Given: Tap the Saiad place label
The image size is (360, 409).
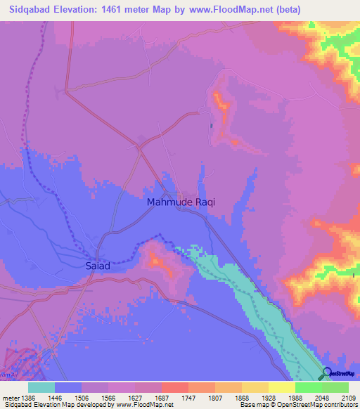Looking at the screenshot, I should [x=97, y=267].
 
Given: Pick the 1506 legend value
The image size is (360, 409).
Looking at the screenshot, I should [x=95, y=396].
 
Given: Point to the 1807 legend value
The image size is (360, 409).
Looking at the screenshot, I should [x=228, y=396].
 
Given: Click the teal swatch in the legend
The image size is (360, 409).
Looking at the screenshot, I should [x=41, y=387].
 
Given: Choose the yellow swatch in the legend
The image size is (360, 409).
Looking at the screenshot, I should [x=281, y=387].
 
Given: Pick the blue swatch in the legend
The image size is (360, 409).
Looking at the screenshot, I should [x=68, y=387].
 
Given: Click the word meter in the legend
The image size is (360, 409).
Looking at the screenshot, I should [x=11, y=396].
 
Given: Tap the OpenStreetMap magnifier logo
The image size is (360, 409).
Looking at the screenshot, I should [x=327, y=374].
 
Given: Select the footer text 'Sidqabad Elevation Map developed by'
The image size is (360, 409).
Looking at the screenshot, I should [x=57, y=405].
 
